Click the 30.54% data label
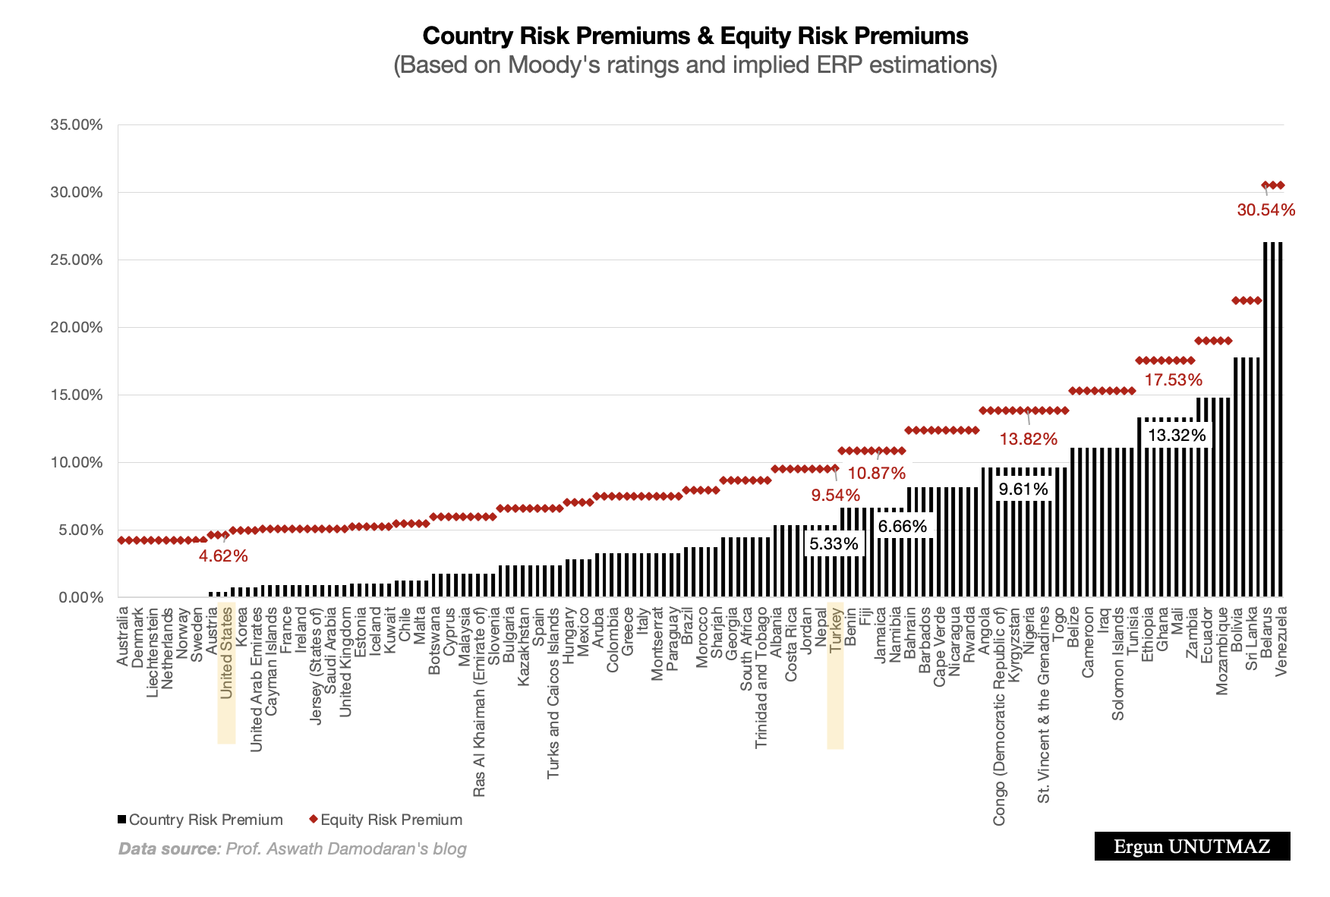(x=1265, y=210)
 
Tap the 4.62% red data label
(x=223, y=556)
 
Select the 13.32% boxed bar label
(x=1176, y=435)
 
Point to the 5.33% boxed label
(x=834, y=543)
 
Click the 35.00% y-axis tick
(x=76, y=124)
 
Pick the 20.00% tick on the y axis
(x=76, y=327)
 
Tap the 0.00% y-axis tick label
(x=79, y=598)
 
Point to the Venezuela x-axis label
(x=1281, y=640)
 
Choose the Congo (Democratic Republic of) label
(x=998, y=716)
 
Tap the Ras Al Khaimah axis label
(x=479, y=700)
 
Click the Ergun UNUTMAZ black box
(x=1192, y=846)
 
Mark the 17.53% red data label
(x=1173, y=379)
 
